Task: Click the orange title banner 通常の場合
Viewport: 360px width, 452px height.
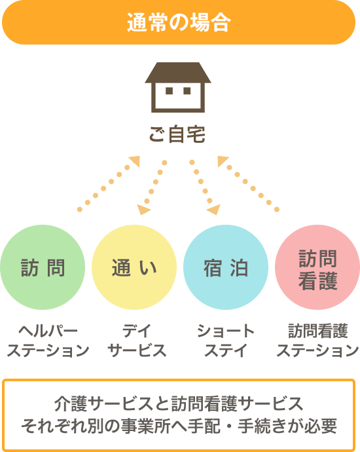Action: (x=179, y=22)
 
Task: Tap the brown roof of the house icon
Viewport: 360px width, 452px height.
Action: (x=178, y=73)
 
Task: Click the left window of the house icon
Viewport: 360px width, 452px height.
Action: (x=169, y=91)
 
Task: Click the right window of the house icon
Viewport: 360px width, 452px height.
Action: (x=187, y=91)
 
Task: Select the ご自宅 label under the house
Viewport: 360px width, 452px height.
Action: (x=177, y=134)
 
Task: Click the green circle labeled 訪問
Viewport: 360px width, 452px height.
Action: (x=43, y=267)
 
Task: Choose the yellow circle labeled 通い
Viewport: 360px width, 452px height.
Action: (x=134, y=267)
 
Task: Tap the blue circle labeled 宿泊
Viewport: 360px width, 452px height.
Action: (x=226, y=267)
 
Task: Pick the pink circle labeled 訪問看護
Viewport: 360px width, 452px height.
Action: (x=317, y=267)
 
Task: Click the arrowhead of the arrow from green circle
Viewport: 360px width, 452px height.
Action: (x=135, y=160)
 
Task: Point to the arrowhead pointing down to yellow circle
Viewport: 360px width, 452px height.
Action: (x=143, y=209)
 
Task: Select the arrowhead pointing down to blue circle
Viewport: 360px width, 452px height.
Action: (x=214, y=209)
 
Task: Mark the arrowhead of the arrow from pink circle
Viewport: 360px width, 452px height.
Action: (x=223, y=160)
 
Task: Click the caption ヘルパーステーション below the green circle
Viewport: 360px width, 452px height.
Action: (x=48, y=341)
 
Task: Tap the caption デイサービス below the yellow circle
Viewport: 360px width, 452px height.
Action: (x=137, y=341)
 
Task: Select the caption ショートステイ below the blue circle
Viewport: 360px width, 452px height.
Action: (x=226, y=341)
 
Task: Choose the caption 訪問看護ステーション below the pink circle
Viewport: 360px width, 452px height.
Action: (x=317, y=341)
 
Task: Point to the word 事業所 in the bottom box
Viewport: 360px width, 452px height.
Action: (x=145, y=426)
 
